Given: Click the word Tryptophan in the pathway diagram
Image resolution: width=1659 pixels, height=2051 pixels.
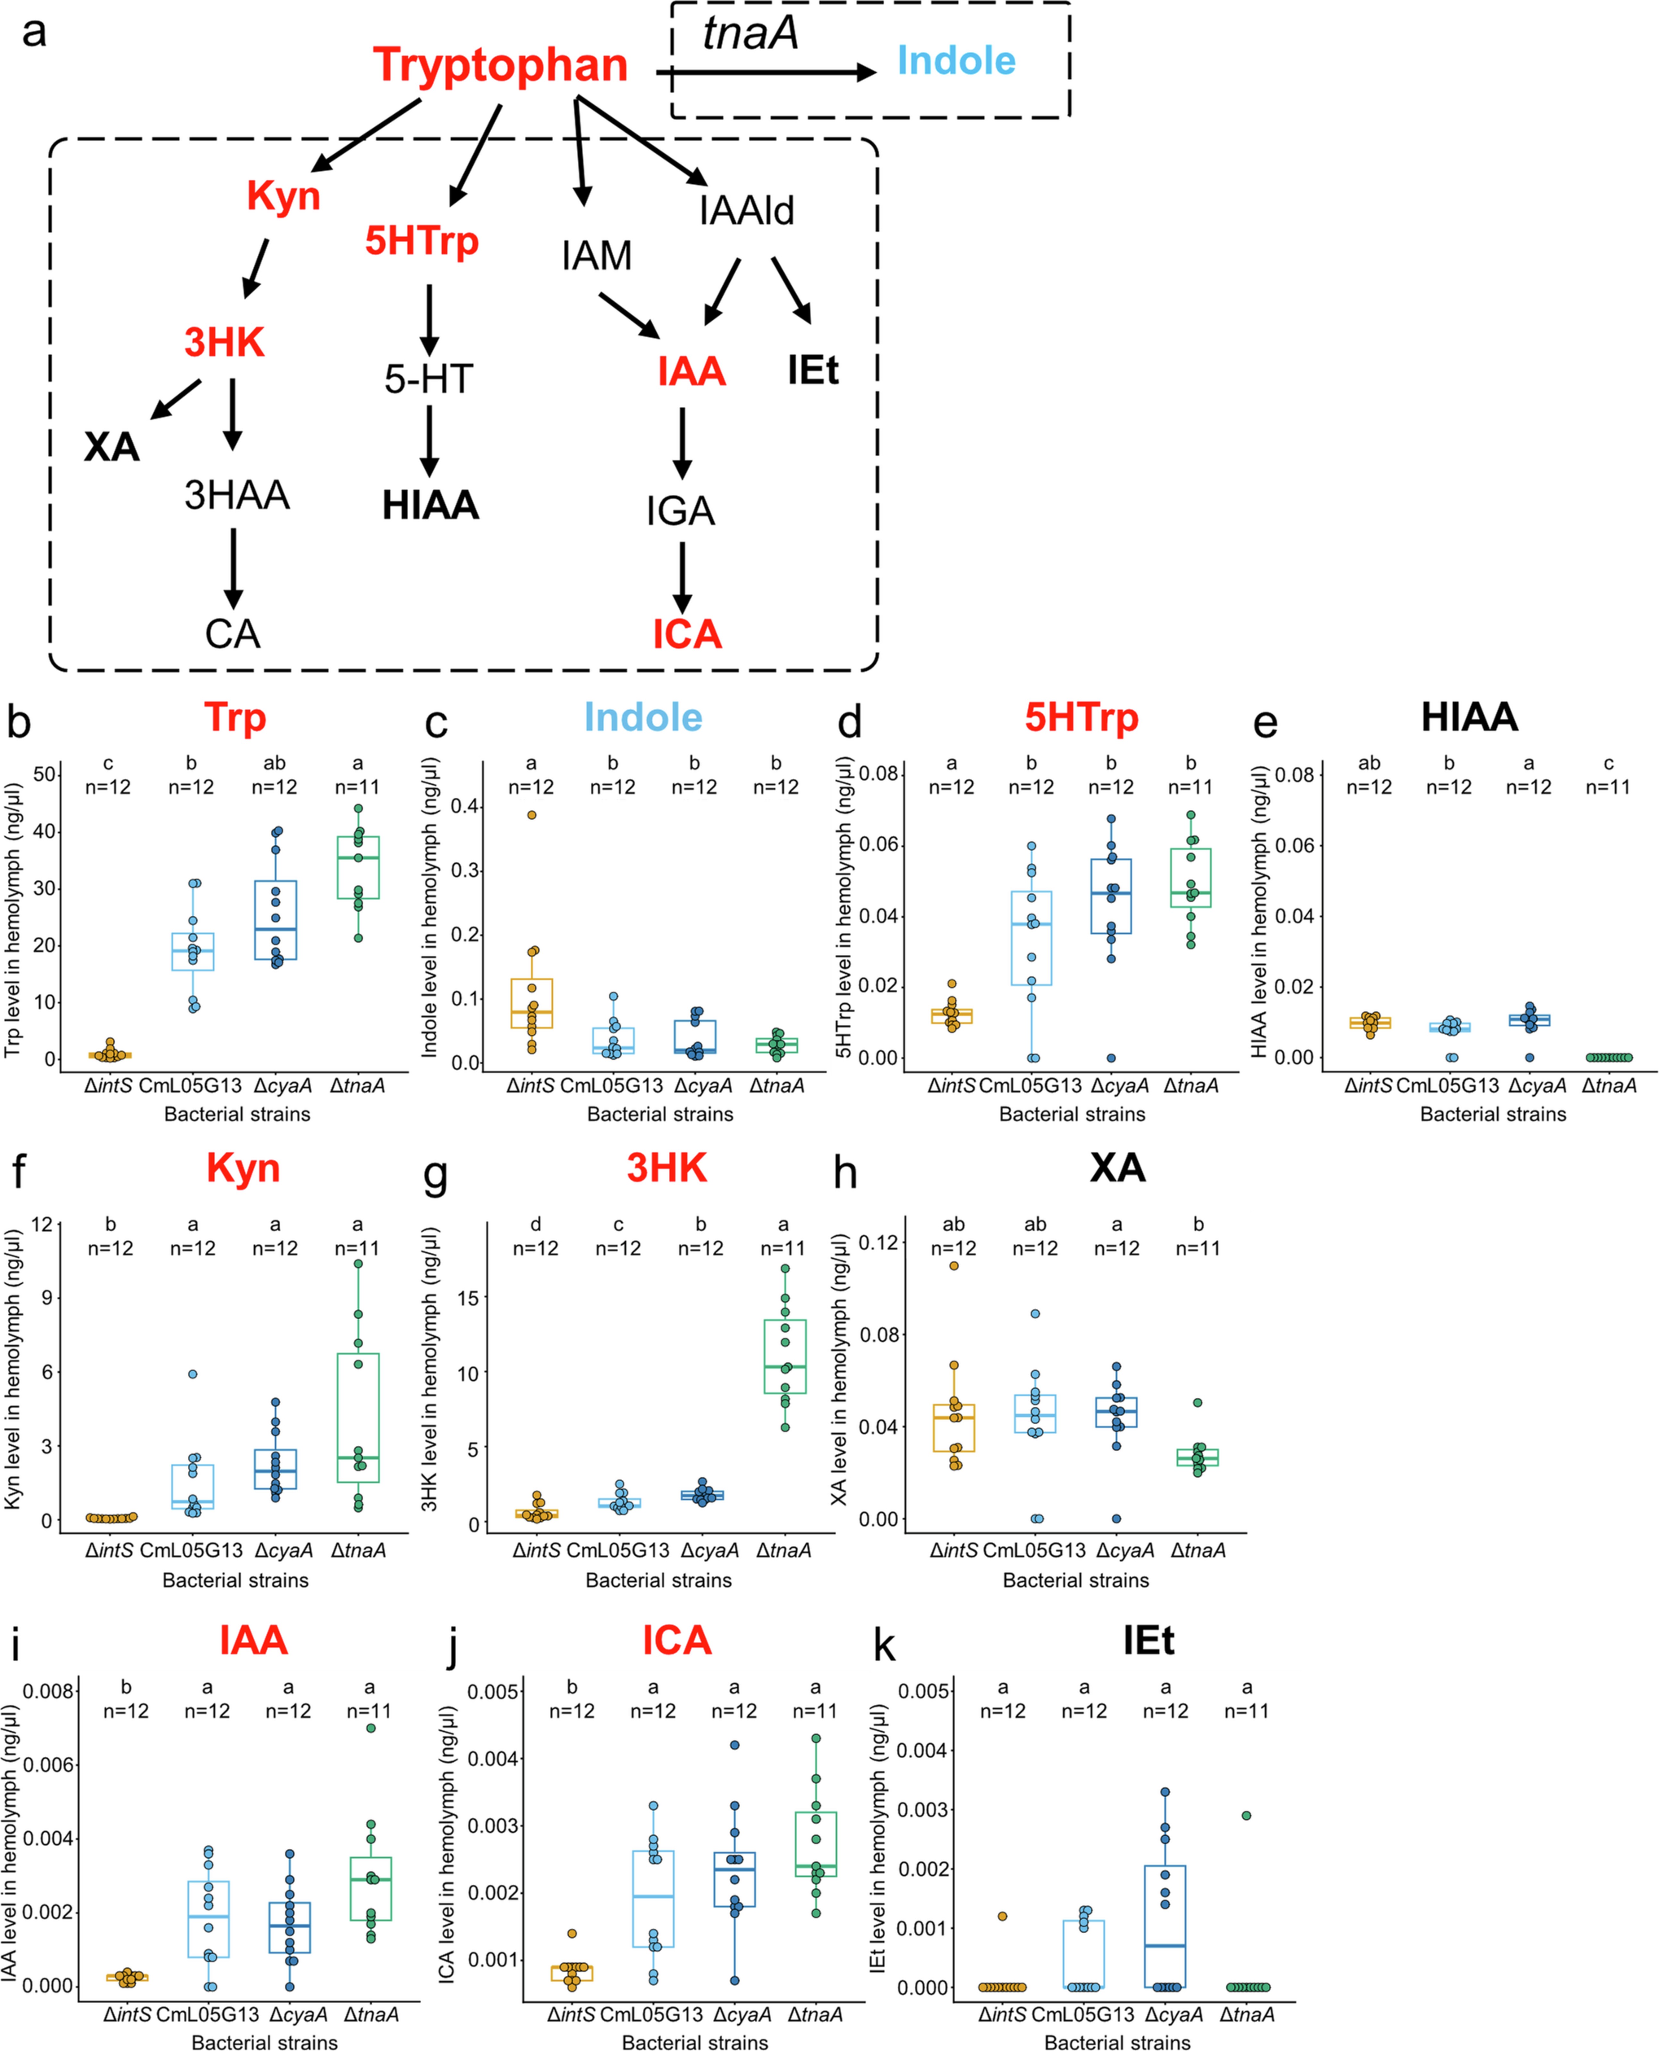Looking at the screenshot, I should click(500, 65).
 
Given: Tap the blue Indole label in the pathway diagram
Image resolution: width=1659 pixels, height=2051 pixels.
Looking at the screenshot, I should click(956, 61).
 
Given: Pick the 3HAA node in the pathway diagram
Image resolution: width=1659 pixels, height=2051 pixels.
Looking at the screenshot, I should click(236, 495).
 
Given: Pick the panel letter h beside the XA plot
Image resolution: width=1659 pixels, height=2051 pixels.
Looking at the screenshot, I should click(845, 1173).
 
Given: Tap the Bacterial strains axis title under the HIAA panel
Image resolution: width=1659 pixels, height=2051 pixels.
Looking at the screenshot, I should click(1493, 1113).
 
